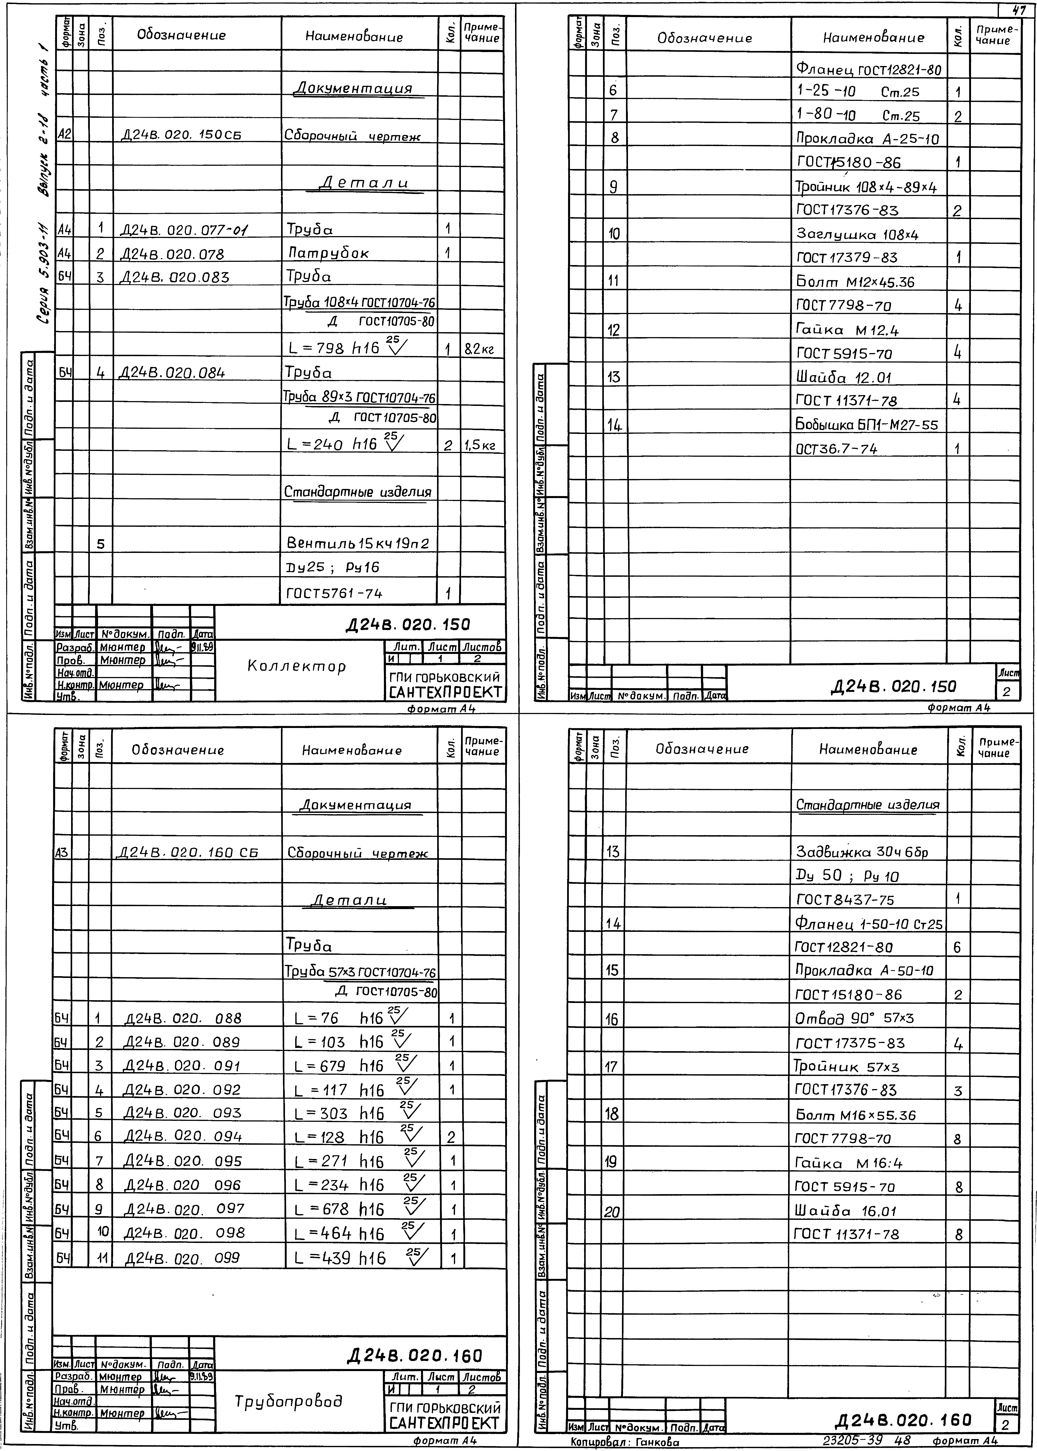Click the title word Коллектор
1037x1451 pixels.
(296, 666)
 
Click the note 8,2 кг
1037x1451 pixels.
(479, 349)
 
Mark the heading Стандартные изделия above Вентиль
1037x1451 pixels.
(358, 492)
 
